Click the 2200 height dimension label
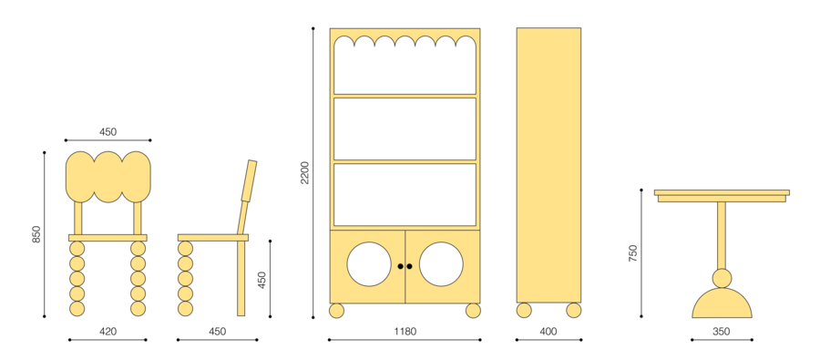click(x=304, y=172)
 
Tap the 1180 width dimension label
click(x=405, y=332)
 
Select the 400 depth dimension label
click(x=548, y=332)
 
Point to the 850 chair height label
click(x=36, y=234)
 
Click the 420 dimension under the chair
click(x=108, y=332)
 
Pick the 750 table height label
click(x=633, y=253)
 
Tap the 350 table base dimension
click(x=722, y=332)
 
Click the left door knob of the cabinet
click(x=401, y=266)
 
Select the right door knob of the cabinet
click(x=409, y=266)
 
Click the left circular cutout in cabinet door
click(x=369, y=264)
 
